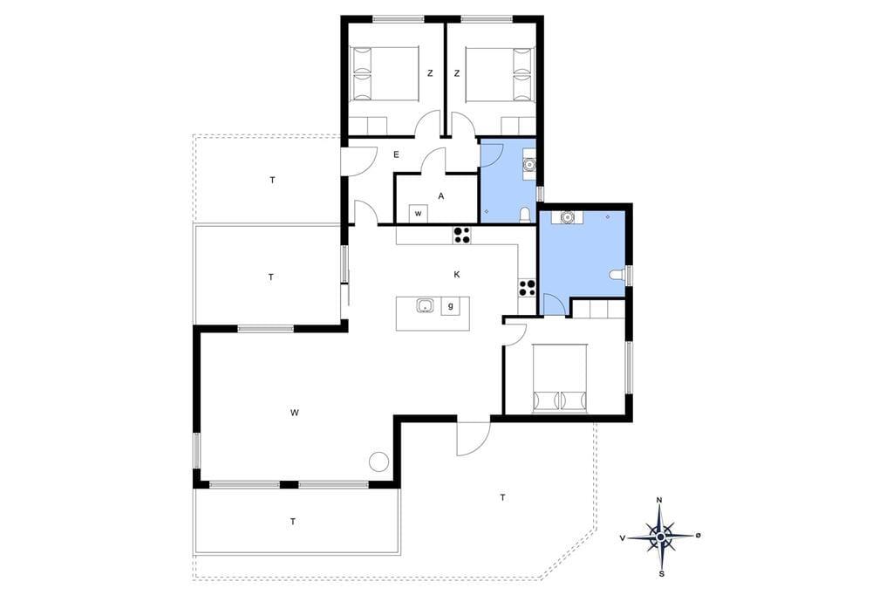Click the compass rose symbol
tap(660, 537)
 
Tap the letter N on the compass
tap(659, 501)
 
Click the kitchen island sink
tap(426, 306)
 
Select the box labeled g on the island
tap(451, 306)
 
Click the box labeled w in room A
tap(419, 214)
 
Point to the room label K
tap(457, 275)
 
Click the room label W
tap(294, 413)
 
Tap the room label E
tap(397, 154)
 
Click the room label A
tap(440, 196)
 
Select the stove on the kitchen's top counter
tap(462, 236)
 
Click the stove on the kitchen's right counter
tap(527, 288)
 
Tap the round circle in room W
tap(378, 461)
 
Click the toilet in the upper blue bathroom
tap(524, 215)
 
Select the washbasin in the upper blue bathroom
tap(529, 165)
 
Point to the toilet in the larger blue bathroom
tap(617, 276)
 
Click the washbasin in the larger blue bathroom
tap(567, 217)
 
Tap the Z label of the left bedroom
tap(430, 73)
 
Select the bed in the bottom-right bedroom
tap(560, 378)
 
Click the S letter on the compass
tap(661, 574)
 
